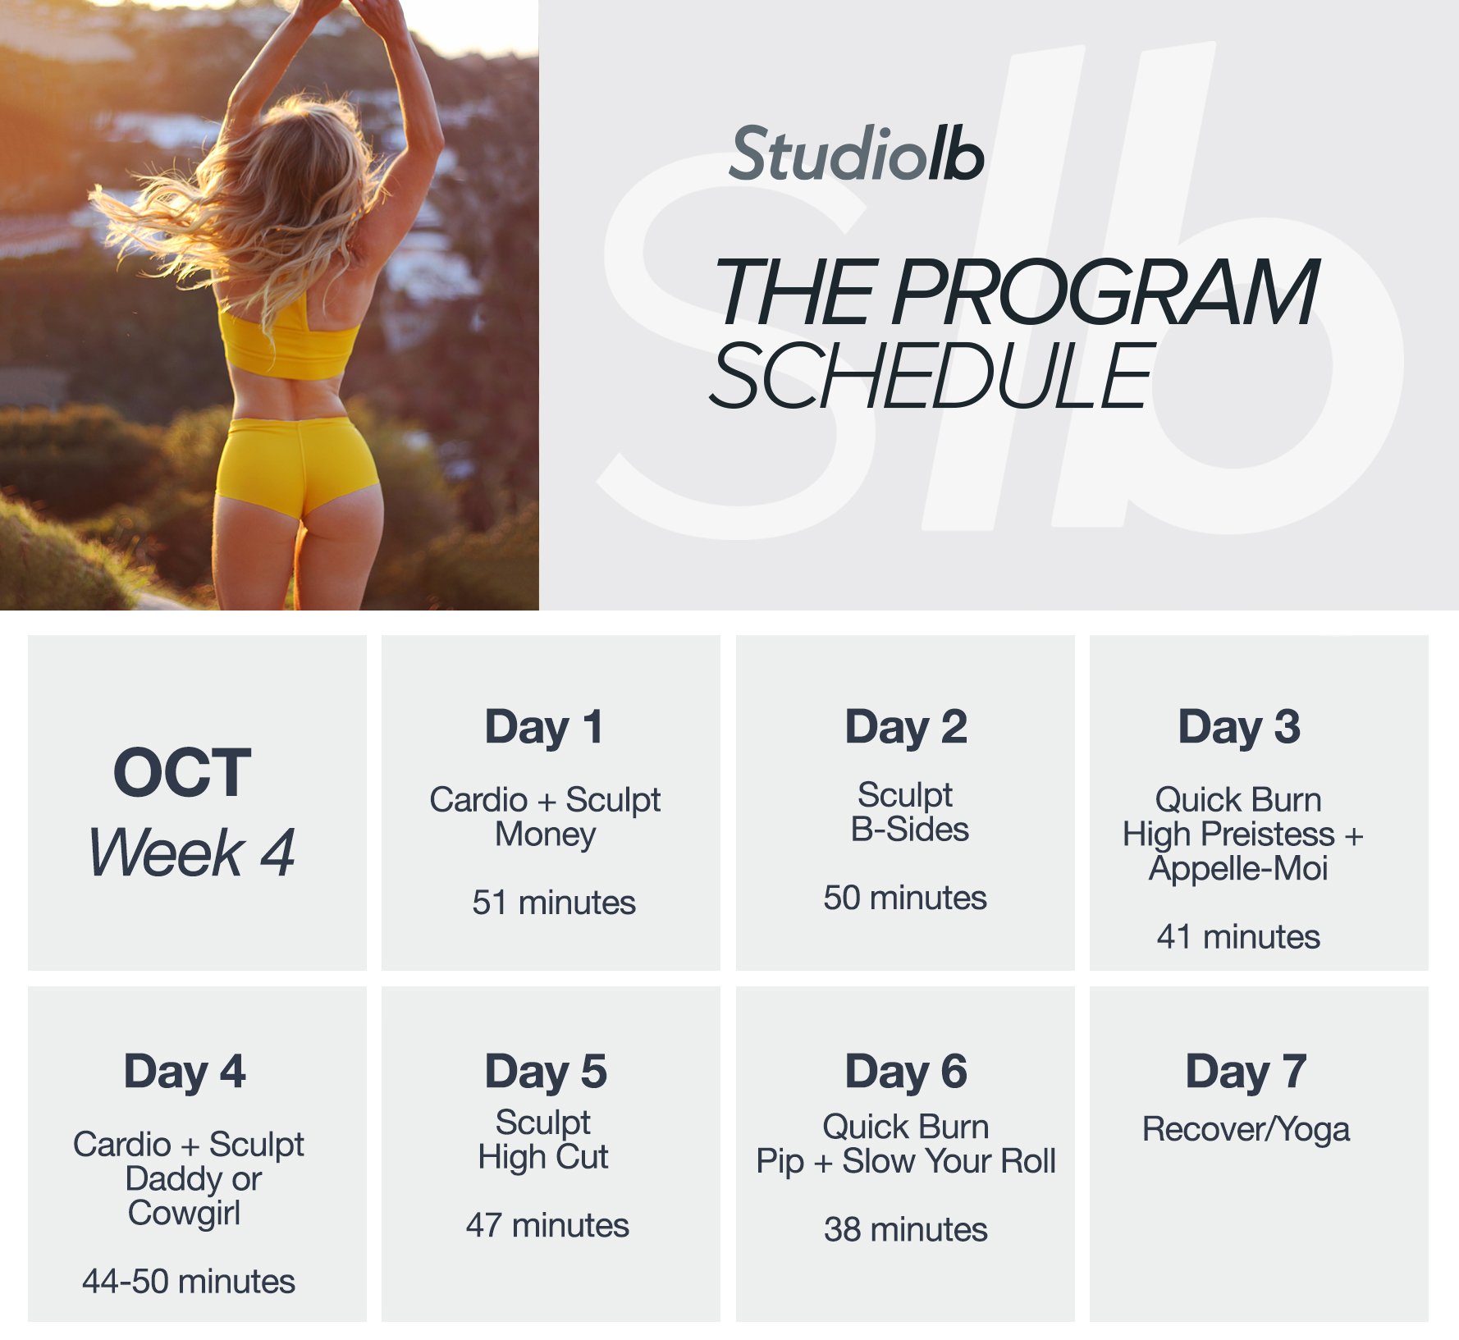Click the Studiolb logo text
[x=856, y=154]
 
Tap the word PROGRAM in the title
[x=1105, y=292]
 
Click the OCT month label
[x=182, y=773]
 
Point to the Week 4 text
[x=191, y=853]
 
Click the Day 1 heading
[x=544, y=727]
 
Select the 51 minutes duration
[x=554, y=903]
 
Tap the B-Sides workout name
[x=909, y=830]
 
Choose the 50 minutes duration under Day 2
[x=905, y=898]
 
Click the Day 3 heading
[x=1239, y=727]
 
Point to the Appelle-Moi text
[x=1238, y=868]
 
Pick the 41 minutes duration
[x=1238, y=936]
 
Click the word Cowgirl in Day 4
[x=185, y=1213]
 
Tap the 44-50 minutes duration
[x=189, y=1281]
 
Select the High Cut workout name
[x=543, y=1157]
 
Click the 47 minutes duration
[x=547, y=1225]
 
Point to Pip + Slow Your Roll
[x=906, y=1161]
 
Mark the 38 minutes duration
[x=906, y=1229]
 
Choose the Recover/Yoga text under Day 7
[x=1246, y=1130]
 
